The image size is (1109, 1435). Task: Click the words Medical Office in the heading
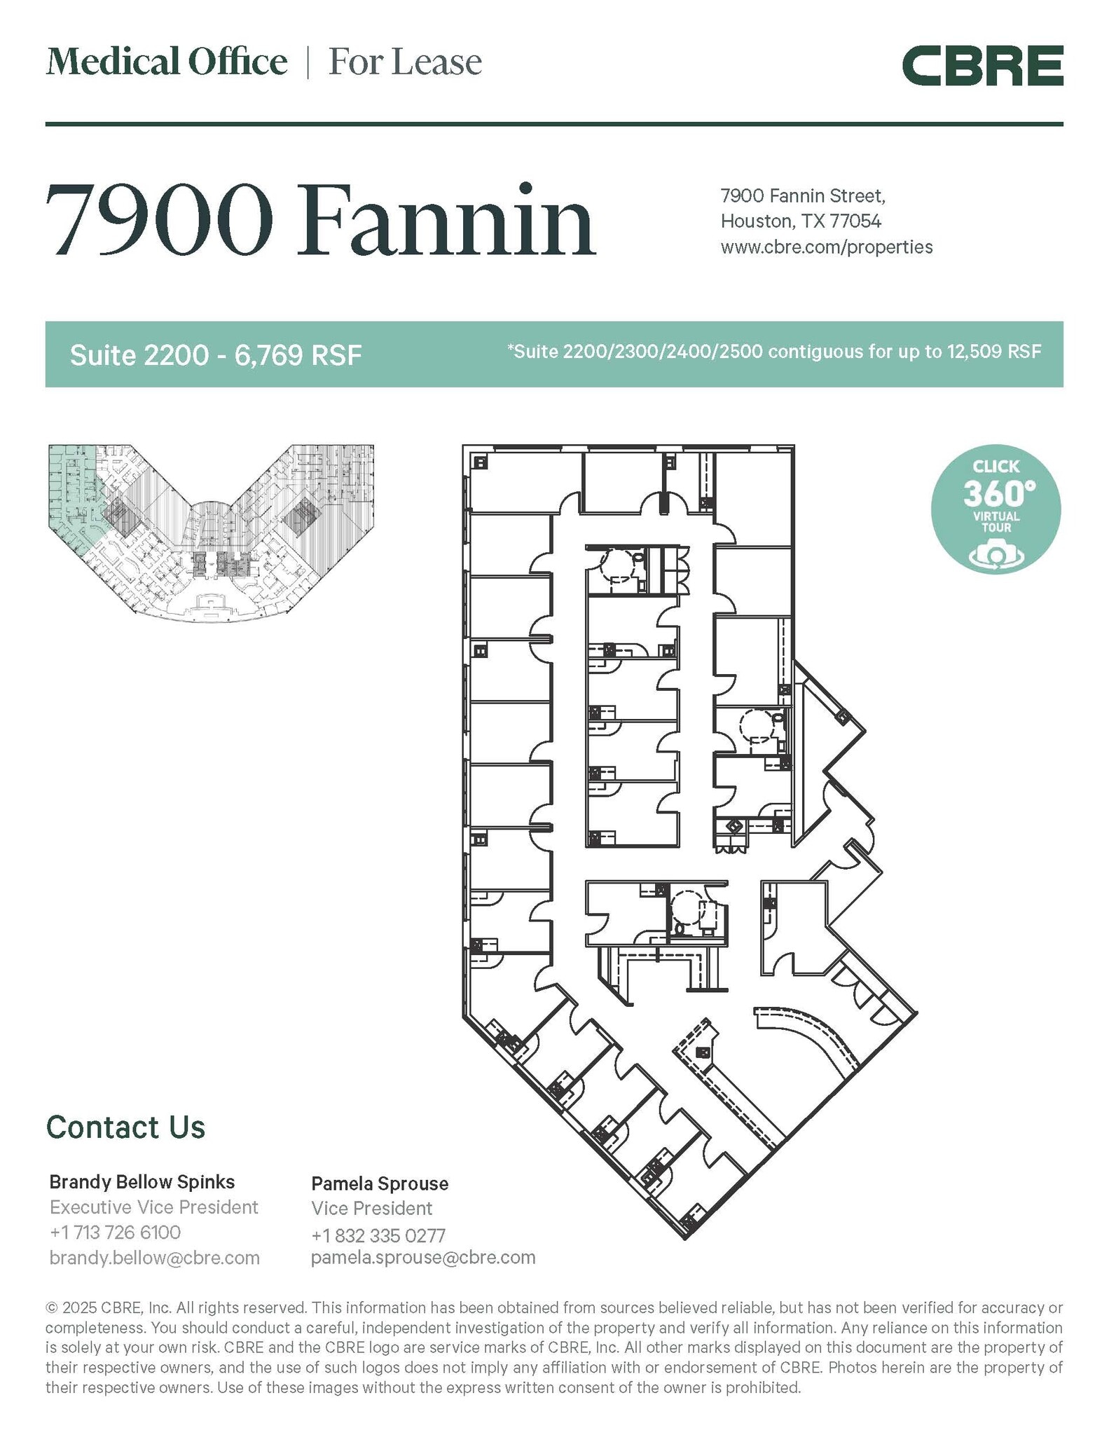pos(167,62)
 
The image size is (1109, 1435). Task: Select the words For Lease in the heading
pos(405,62)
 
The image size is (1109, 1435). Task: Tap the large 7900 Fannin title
pos(321,221)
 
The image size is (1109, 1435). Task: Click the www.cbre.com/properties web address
pos(827,247)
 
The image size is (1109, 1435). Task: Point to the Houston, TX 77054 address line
pos(801,221)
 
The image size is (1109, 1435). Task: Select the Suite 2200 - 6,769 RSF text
pos(216,355)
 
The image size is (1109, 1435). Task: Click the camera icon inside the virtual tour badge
pos(996,555)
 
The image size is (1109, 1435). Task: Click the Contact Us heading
pos(126,1127)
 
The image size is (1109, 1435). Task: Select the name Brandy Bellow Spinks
pos(142,1182)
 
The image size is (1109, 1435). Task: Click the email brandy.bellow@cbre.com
pos(155,1258)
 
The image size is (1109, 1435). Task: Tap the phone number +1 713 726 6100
pos(116,1233)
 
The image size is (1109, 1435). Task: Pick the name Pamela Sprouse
pos(380,1183)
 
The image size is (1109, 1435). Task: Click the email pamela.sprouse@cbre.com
pos(423,1257)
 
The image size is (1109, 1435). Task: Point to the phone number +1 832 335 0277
pos(378,1235)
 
